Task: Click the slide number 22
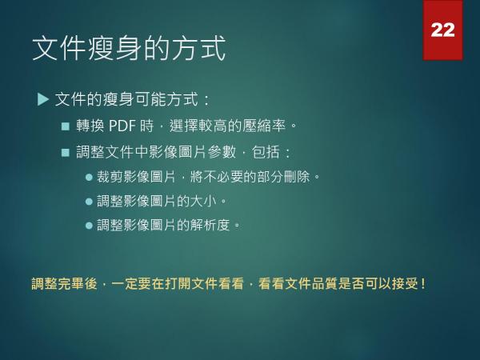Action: tap(442, 30)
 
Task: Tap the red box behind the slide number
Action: tap(443, 30)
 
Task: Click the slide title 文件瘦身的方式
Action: tap(129, 48)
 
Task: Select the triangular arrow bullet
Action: tap(43, 99)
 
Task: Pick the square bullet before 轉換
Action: tap(66, 126)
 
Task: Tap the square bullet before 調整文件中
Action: tap(66, 153)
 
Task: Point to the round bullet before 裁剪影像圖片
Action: tap(89, 178)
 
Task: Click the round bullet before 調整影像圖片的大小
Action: tap(89, 202)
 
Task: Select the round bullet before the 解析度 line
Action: tap(89, 226)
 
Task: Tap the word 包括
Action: tap(266, 152)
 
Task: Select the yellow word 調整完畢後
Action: tap(64, 283)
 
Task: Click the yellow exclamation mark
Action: tap(422, 284)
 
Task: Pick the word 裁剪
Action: tap(110, 177)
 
